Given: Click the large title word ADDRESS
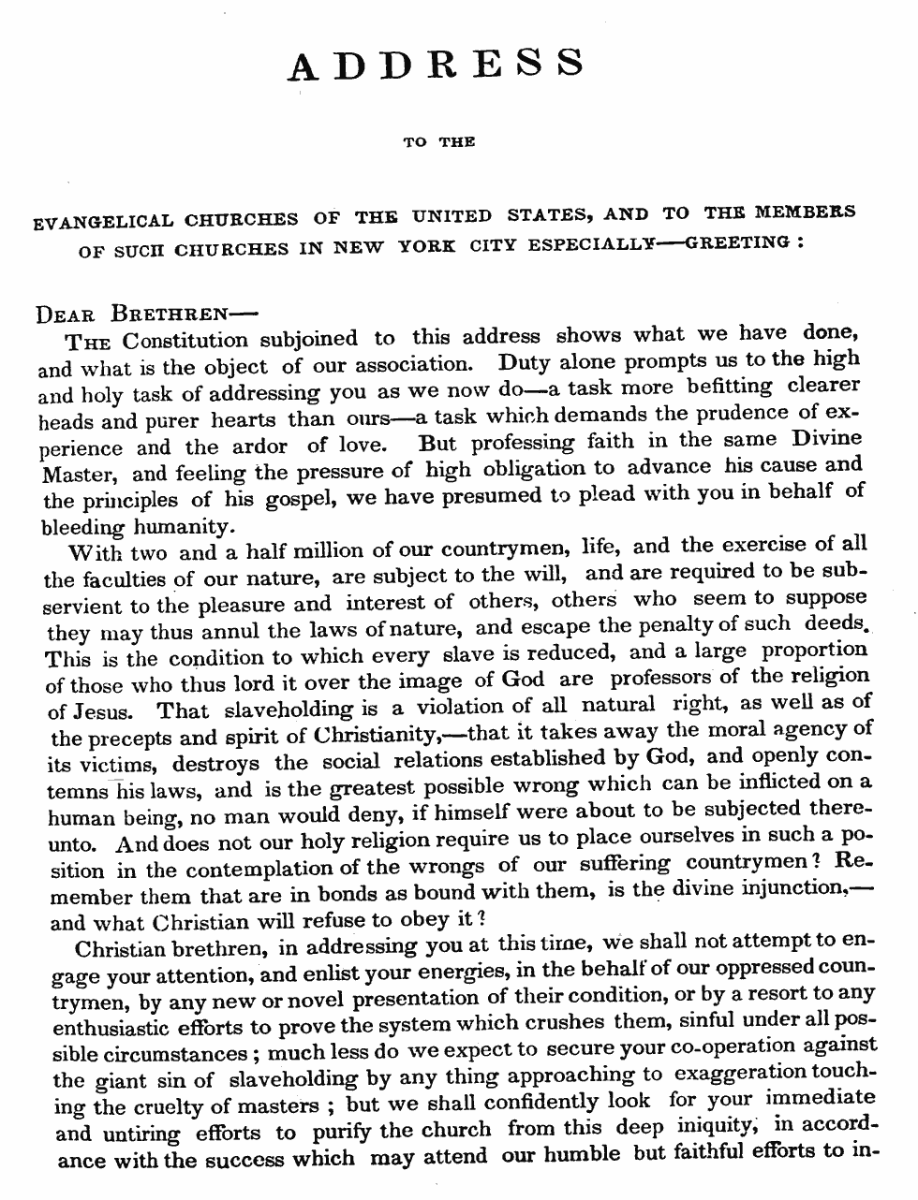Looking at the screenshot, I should click(x=437, y=64).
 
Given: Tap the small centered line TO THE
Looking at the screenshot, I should click(x=439, y=142).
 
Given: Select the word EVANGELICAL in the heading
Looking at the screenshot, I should click(x=103, y=222).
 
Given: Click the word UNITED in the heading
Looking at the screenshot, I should click(x=452, y=216).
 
